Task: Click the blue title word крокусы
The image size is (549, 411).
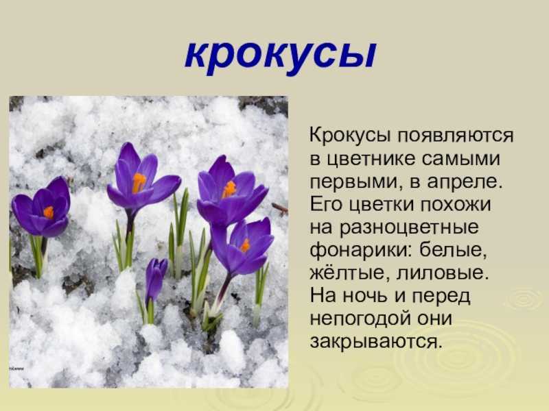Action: [x=281, y=56]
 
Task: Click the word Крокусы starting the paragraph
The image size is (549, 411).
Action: [x=350, y=136]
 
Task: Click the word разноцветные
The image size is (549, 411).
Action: [x=409, y=228]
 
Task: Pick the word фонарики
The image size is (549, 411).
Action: [x=358, y=250]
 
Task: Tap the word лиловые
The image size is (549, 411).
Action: [x=443, y=273]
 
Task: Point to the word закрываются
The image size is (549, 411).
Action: [x=374, y=342]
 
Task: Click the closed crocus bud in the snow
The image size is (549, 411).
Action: [x=155, y=278]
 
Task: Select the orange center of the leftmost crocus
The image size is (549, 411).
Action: [x=49, y=212]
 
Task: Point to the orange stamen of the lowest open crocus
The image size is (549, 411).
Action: [x=245, y=245]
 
